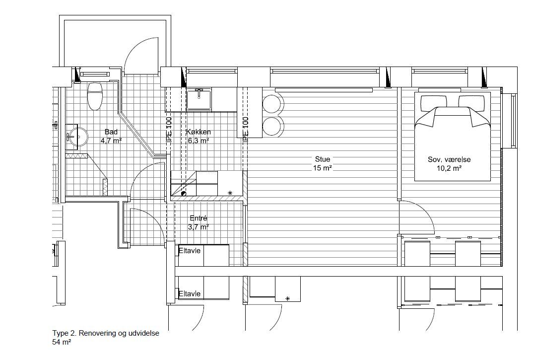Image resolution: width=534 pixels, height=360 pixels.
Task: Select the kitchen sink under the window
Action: click(x=199, y=99)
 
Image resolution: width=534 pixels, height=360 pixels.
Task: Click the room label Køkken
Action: click(x=199, y=132)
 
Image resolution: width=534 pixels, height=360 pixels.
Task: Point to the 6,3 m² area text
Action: click(x=199, y=140)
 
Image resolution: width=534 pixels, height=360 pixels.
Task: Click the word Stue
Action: click(x=323, y=159)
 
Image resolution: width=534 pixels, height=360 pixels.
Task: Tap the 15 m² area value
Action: click(x=323, y=168)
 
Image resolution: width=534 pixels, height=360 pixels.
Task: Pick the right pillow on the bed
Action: click(x=471, y=102)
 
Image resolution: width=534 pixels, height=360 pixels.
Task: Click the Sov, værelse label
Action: click(x=449, y=159)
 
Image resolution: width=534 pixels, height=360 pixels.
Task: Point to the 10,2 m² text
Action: click(x=449, y=168)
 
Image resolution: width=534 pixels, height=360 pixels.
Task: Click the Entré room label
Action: click(x=198, y=218)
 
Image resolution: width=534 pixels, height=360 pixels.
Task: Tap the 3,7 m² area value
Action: click(x=198, y=227)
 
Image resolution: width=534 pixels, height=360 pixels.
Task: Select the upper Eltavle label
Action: click(x=190, y=251)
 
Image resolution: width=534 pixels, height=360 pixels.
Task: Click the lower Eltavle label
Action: click(x=190, y=293)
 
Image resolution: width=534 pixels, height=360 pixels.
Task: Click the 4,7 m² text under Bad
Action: click(x=111, y=141)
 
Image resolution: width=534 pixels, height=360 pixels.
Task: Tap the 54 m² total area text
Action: click(x=62, y=342)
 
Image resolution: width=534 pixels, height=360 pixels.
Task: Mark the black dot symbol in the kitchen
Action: click(x=184, y=194)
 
